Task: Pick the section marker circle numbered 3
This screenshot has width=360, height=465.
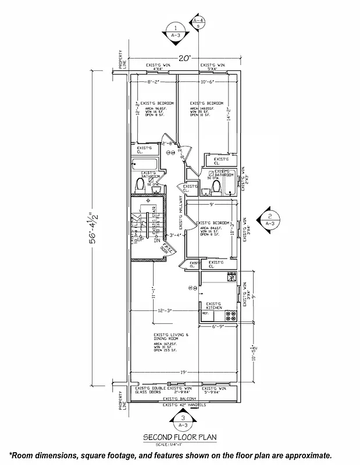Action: pyautogui.click(x=183, y=417)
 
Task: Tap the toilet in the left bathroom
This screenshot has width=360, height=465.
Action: pyautogui.click(x=139, y=185)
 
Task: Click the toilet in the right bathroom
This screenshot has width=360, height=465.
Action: pyautogui.click(x=216, y=187)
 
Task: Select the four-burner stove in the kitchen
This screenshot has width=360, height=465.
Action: pyautogui.click(x=230, y=316)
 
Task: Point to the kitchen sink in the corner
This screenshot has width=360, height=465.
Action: pyautogui.click(x=231, y=277)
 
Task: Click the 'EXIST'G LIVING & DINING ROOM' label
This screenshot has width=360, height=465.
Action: pyautogui.click(x=167, y=337)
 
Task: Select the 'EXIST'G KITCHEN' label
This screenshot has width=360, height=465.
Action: pyautogui.click(x=214, y=305)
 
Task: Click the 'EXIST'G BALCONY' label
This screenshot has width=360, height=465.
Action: pyautogui.click(x=179, y=399)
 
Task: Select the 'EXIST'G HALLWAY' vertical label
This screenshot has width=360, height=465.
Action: pyautogui.click(x=180, y=212)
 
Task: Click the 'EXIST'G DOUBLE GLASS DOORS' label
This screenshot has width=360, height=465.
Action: pyautogui.click(x=150, y=390)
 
